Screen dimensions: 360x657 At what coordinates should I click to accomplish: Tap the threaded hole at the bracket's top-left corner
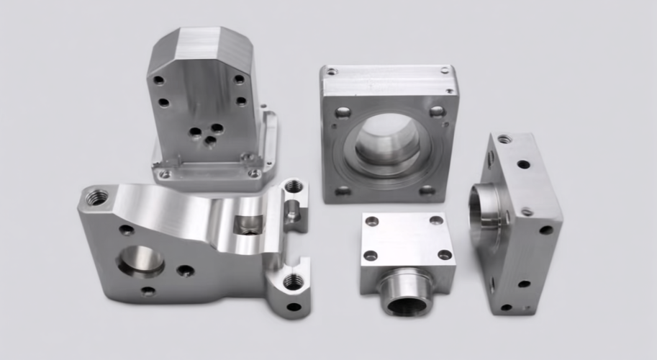[96, 196]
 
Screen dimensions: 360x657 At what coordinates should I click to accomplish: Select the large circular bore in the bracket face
[141, 261]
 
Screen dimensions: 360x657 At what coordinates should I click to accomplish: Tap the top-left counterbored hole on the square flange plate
[343, 112]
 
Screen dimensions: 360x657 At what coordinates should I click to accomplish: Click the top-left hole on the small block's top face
[371, 221]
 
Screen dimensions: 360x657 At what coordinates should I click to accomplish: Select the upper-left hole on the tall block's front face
[158, 80]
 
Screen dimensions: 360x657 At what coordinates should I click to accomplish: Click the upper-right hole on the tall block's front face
[238, 79]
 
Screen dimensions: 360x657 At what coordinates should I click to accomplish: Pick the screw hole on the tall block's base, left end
[165, 174]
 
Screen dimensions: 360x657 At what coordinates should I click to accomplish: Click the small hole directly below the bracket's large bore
[148, 292]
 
